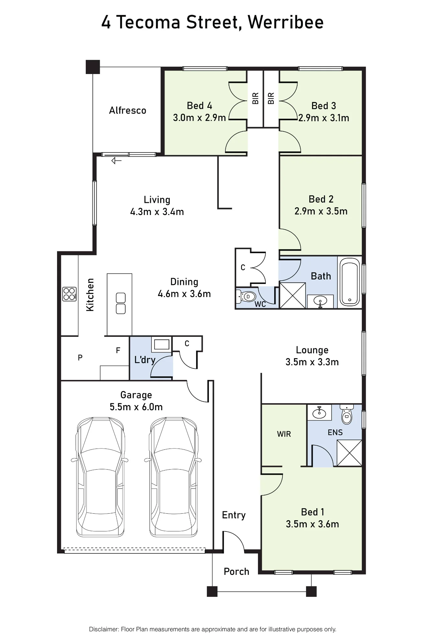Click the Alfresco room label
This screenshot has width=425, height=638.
coord(128,110)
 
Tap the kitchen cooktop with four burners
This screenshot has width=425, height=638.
coord(70,294)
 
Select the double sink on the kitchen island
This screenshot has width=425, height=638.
coord(121,303)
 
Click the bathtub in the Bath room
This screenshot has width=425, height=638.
coord(350,282)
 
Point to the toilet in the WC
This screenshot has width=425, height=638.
coord(246,297)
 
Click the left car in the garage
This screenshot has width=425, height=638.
coord(100,477)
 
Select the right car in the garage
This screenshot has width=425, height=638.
coord(173,477)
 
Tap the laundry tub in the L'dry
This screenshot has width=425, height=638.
coord(162,345)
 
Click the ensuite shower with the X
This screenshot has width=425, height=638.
coord(349,453)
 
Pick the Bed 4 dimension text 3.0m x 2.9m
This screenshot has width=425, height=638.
coord(199,118)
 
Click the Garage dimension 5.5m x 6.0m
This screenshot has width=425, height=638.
coord(136,407)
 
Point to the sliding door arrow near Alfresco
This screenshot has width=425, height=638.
coord(116,161)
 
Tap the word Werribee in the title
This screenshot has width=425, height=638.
coord(286,22)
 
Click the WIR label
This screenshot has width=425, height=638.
coord(284,434)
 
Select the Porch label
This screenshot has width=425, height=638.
coord(236,572)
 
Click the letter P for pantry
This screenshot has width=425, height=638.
coord(80,358)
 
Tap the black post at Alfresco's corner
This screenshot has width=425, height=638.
coord(93,67)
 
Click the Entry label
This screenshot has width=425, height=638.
coord(234,515)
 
